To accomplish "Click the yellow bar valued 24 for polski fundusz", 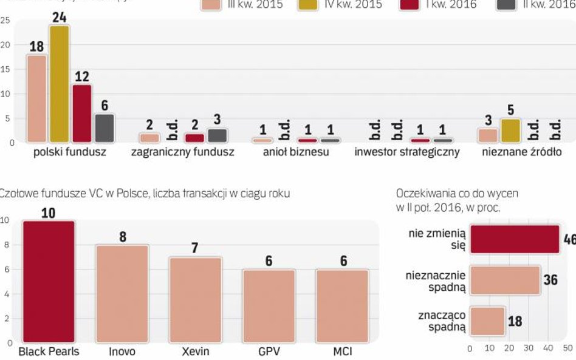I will coord(59,84).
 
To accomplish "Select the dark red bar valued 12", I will coord(81,113).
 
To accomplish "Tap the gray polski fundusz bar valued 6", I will coord(105,127).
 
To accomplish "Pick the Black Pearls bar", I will coord(49,282).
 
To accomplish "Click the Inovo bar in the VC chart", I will coord(122,294).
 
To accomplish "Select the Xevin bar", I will coord(195,300).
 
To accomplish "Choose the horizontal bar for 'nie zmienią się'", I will coord(515,239).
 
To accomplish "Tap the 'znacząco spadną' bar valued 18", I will coord(487,321).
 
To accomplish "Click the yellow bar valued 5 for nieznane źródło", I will coord(510,131).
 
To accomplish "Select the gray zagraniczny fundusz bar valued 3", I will coord(217,135).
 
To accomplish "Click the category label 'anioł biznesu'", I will coord(296,152).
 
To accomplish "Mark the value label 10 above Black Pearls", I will coord(49,213).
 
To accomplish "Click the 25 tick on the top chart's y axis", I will coord(5,20).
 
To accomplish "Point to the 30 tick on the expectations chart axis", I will coord(529,348).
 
